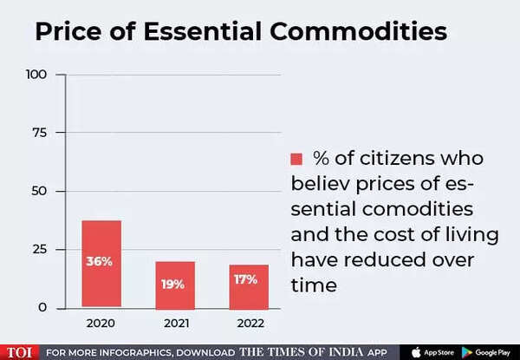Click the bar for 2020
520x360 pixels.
pyautogui.click(x=101, y=264)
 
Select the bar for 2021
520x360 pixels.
pyautogui.click(x=175, y=285)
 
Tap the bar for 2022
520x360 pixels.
pyautogui.click(x=249, y=286)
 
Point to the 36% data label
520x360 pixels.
pyautogui.click(x=100, y=261)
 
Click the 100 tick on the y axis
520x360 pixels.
pyautogui.click(x=35, y=75)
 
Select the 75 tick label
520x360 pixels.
pyautogui.click(x=39, y=133)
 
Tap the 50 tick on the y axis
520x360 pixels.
pyautogui.click(x=39, y=191)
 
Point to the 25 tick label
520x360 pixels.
pyautogui.click(x=39, y=250)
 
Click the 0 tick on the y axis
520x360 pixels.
pyautogui.click(x=43, y=308)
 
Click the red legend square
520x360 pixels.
pyautogui.click(x=296, y=159)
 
